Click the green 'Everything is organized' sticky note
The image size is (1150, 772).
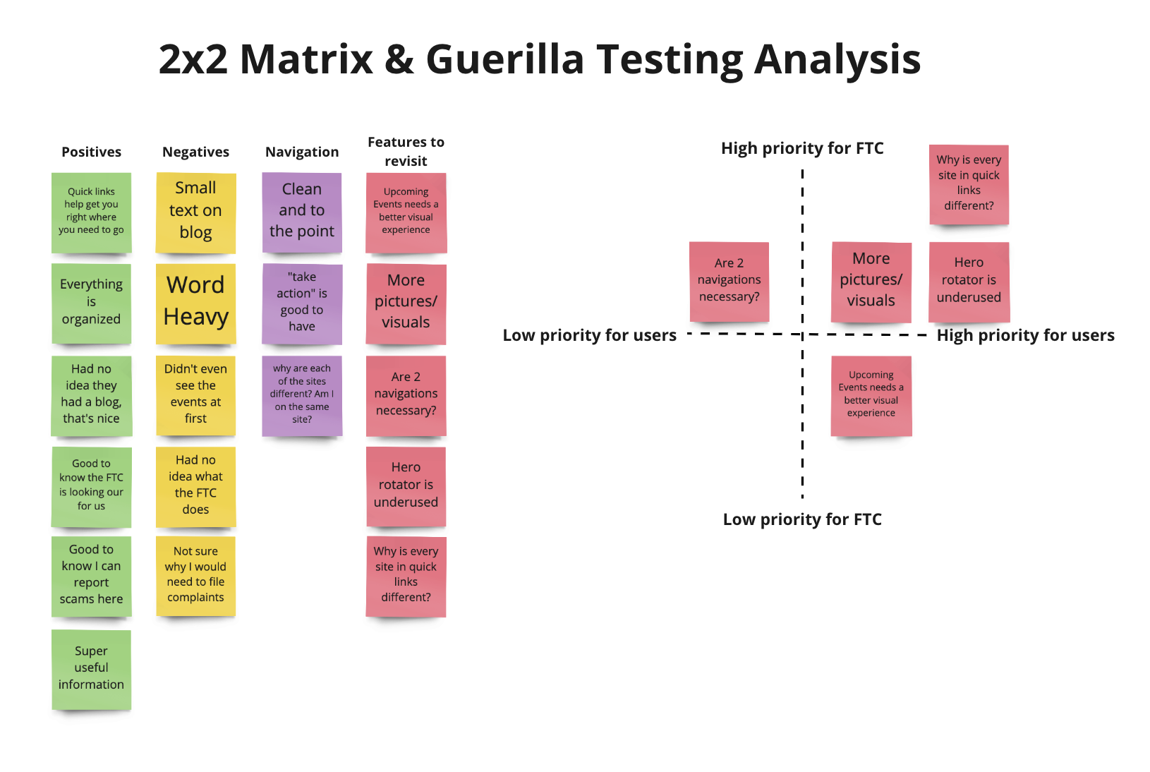click(91, 303)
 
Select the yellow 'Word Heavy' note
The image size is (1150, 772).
click(195, 302)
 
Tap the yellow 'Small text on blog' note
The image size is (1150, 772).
click(195, 212)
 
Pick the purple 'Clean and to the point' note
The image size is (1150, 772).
click(302, 212)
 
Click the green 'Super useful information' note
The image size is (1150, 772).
click(91, 668)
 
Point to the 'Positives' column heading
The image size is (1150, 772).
click(91, 152)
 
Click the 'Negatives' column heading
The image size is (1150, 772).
click(195, 152)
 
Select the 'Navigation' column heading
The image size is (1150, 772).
click(302, 152)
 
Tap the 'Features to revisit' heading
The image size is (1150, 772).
click(406, 151)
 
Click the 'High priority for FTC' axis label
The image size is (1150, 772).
click(802, 148)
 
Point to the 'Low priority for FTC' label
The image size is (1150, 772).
click(802, 519)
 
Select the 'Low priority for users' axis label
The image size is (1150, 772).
click(589, 335)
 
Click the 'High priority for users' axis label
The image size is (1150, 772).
click(1025, 335)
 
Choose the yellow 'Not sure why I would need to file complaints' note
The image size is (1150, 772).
click(195, 575)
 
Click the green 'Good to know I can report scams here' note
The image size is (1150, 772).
click(91, 575)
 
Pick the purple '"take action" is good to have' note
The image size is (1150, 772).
click(302, 303)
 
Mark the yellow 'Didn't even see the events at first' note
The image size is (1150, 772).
click(195, 394)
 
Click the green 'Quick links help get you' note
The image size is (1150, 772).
click(91, 212)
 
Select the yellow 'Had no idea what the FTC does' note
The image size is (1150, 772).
click(195, 485)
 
